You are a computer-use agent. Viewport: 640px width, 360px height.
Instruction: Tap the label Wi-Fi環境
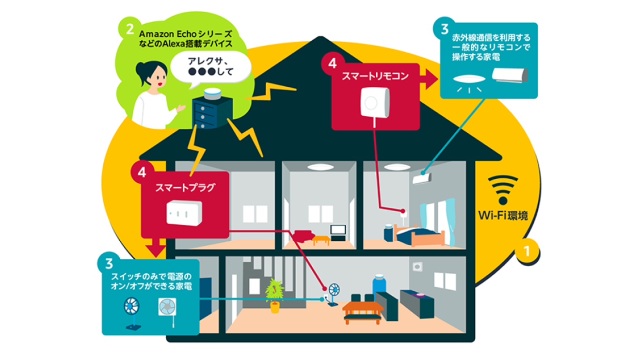coord(503,215)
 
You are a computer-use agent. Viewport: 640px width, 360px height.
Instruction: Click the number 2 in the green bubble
coord(129,30)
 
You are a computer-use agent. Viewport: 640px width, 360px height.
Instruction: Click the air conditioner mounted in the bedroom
coord(421,178)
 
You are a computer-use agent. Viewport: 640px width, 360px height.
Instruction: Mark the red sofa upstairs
coord(304,235)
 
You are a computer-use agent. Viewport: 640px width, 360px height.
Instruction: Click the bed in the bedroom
coord(420,236)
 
